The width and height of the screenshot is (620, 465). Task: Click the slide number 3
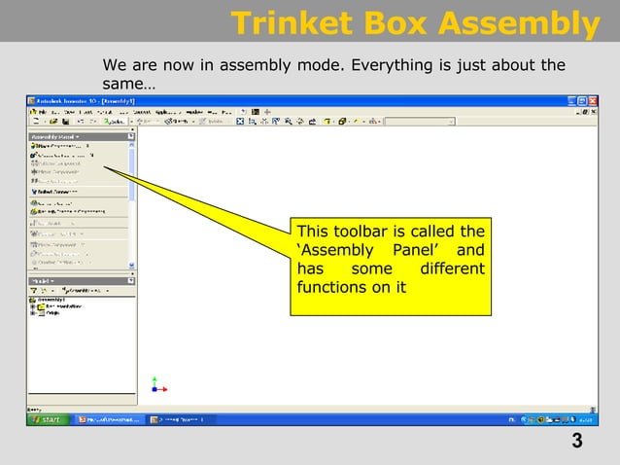click(x=577, y=442)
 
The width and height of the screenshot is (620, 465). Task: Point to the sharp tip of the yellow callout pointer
click(x=104, y=168)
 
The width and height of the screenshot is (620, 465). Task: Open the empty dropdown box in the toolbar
click(x=420, y=123)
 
